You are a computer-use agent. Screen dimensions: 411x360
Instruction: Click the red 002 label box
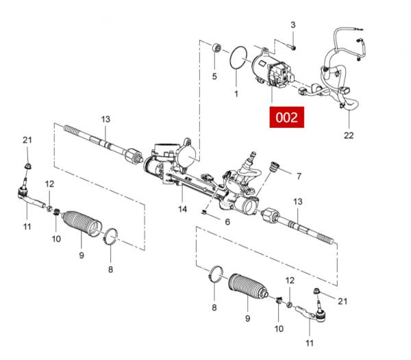tap(287, 117)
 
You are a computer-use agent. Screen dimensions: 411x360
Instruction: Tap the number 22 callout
tap(349, 136)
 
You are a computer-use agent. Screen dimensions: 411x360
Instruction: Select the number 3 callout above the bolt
tap(292, 25)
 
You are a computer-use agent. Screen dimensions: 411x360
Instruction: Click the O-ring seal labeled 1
tap(238, 57)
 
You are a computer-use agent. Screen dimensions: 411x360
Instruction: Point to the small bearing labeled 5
tap(216, 48)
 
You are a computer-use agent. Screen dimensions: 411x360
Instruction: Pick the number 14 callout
tap(182, 209)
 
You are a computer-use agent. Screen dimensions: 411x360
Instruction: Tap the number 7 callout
tap(299, 176)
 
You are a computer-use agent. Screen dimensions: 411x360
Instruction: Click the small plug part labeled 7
tap(275, 167)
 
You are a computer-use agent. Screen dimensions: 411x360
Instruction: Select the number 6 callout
tap(227, 222)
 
